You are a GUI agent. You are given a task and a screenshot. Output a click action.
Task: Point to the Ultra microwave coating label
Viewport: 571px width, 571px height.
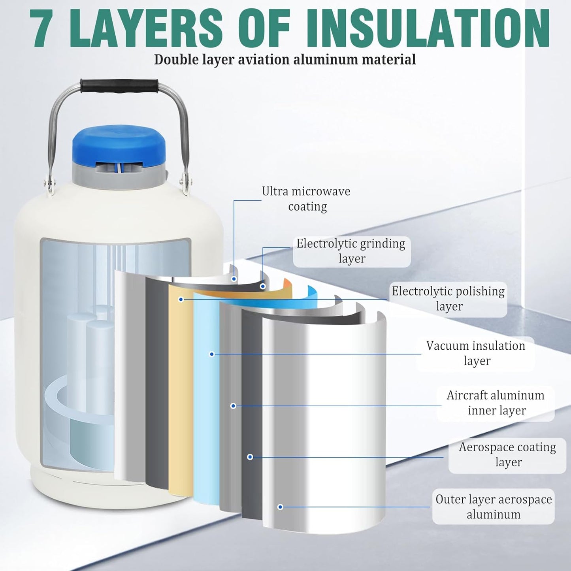306,199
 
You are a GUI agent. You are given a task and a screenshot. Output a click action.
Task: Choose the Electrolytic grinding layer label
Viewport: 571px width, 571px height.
351,251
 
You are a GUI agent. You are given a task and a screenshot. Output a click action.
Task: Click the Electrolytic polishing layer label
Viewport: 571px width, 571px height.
448,299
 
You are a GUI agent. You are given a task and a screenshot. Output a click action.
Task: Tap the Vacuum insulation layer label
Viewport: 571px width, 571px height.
476,353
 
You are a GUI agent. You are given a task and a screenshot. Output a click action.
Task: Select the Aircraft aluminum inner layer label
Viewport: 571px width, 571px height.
496,403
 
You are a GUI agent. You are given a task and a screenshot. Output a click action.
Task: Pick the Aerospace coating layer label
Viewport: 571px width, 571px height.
508,455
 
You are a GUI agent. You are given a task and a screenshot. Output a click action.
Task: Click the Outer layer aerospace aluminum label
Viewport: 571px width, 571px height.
494,507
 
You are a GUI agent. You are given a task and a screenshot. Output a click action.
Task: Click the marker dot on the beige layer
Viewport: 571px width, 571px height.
181,300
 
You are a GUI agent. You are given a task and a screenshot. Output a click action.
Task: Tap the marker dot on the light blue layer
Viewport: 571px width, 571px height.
211,354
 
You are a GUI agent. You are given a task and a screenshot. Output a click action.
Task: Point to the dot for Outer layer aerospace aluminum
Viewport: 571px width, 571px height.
280,507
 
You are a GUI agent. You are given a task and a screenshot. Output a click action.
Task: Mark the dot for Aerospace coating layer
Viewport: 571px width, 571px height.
250,457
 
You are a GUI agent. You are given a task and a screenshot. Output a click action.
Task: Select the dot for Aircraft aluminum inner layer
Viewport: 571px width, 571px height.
233,406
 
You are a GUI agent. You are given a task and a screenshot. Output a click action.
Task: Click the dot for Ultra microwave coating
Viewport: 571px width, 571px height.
234,279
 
